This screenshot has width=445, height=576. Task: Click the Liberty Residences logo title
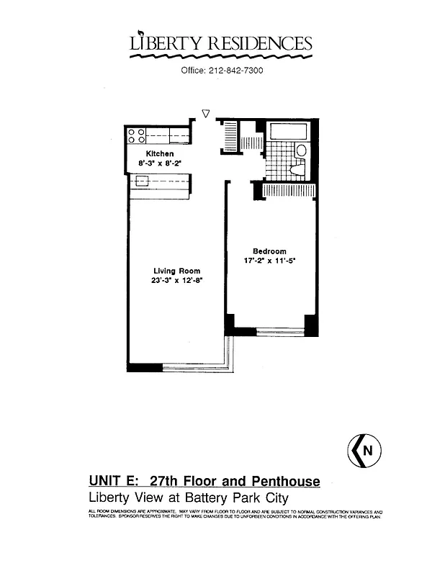tap(221, 43)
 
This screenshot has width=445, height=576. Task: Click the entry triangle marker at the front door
tap(206, 113)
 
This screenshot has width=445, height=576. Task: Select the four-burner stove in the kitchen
tap(136, 135)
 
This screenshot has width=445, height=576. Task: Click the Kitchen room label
tap(160, 154)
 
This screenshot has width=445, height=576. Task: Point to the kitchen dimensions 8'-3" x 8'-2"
tap(160, 163)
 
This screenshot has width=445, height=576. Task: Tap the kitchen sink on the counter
tap(143, 181)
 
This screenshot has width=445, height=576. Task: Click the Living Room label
tap(177, 271)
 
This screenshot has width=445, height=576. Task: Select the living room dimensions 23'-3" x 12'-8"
tap(177, 282)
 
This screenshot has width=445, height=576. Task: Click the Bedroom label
tap(269, 251)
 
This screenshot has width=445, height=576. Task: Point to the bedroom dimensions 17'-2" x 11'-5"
tap(269, 261)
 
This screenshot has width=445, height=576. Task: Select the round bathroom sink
tap(301, 150)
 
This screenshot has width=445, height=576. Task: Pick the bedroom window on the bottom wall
tap(280, 332)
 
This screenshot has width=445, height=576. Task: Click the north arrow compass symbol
tap(364, 451)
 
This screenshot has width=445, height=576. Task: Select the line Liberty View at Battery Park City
tap(192, 498)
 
